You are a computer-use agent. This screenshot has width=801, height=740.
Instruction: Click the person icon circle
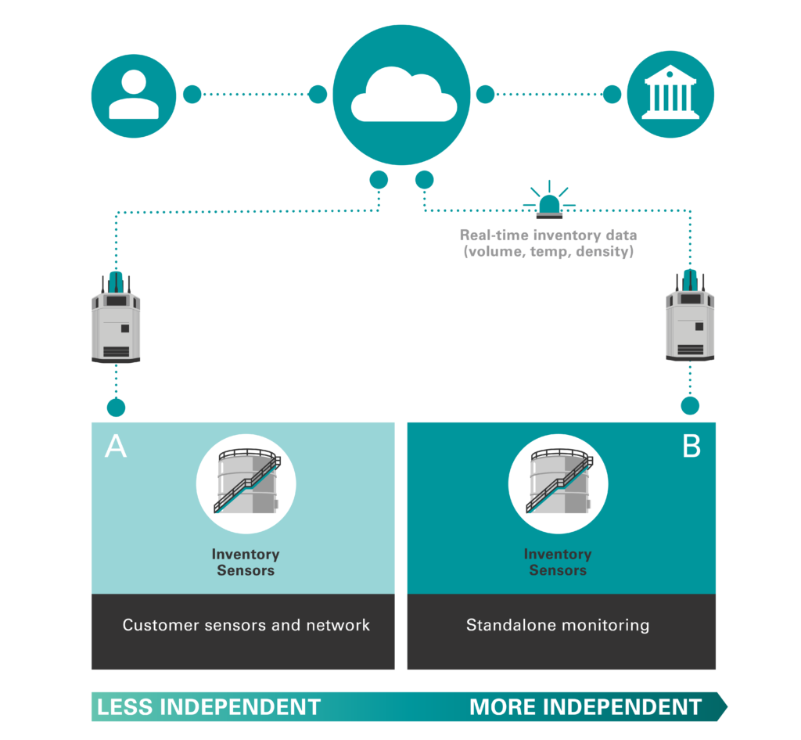coord(134,94)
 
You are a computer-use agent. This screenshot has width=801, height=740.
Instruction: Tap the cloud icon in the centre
coord(401,95)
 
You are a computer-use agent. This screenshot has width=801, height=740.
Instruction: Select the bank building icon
coord(670,94)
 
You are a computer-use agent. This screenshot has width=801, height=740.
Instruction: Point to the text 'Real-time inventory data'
coord(548,235)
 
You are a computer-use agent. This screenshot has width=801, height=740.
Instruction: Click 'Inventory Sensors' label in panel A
coord(246,562)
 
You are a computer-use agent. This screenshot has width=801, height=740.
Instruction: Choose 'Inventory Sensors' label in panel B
coord(558,562)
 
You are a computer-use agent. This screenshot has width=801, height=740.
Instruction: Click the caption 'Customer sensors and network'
coord(246,625)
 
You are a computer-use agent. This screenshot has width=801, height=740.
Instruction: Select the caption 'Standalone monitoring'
coord(558,625)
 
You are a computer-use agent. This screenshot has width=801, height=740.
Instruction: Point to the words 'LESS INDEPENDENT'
coord(209,707)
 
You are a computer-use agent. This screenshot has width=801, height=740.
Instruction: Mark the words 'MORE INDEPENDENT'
coord(585,707)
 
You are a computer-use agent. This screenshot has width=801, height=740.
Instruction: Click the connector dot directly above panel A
coord(116,408)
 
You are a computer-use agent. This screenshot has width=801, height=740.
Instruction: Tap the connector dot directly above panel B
coord(690,406)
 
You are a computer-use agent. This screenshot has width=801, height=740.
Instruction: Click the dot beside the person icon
coord(192,95)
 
